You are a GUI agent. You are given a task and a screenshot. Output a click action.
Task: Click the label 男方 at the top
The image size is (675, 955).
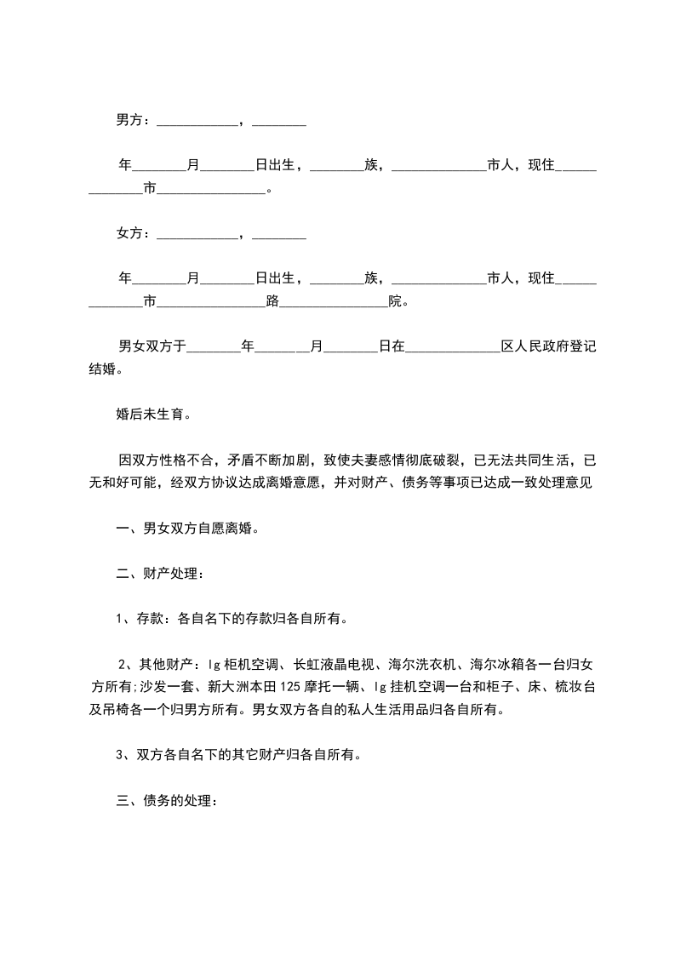coord(129,121)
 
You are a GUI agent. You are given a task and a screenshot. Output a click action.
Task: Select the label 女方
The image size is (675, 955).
coord(129,232)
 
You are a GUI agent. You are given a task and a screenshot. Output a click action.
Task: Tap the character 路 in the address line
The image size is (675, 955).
coord(272,300)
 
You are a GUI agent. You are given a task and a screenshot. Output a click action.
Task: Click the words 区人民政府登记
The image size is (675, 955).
coord(549,347)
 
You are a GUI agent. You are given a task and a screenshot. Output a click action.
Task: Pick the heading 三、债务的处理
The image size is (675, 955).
coord(167,801)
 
